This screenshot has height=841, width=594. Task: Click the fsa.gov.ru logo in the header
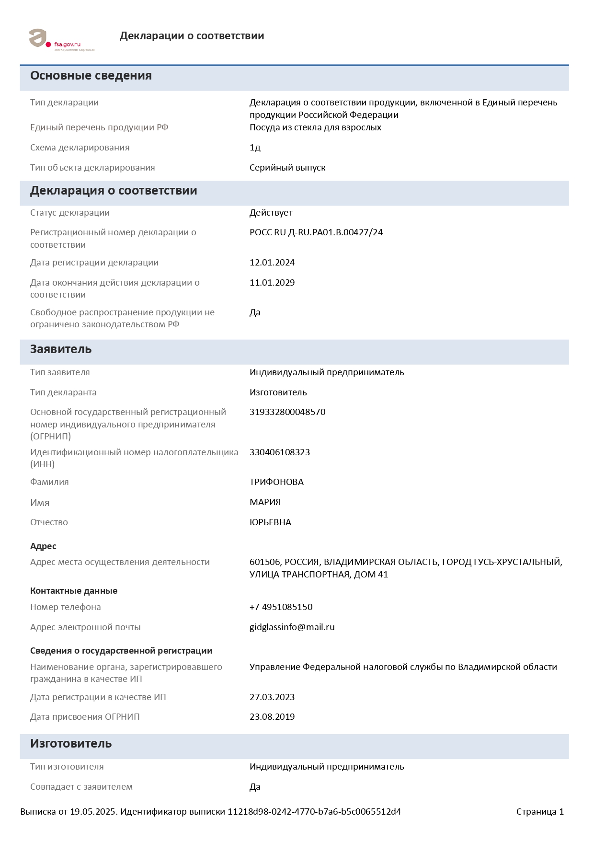pyautogui.click(x=61, y=39)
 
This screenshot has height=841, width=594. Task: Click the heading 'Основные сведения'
pyautogui.click(x=91, y=76)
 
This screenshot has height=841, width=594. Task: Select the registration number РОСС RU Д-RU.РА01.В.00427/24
pyautogui.click(x=316, y=232)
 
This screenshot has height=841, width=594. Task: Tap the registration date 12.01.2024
pyautogui.click(x=272, y=263)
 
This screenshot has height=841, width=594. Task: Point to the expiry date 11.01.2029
pyautogui.click(x=272, y=283)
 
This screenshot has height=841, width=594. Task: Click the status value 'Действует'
pyautogui.click(x=271, y=213)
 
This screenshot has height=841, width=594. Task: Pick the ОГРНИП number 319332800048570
pyautogui.click(x=287, y=412)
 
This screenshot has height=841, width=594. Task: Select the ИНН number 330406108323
pyautogui.click(x=280, y=452)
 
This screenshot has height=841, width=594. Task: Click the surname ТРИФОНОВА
pyautogui.click(x=276, y=482)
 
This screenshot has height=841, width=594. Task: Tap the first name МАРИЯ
pyautogui.click(x=265, y=502)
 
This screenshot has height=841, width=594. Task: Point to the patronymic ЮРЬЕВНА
pyautogui.click(x=270, y=522)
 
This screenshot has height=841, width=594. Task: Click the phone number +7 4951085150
pyautogui.click(x=281, y=607)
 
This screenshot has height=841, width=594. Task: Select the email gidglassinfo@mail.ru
pyautogui.click(x=292, y=627)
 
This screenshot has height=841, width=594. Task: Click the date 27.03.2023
pyautogui.click(x=272, y=697)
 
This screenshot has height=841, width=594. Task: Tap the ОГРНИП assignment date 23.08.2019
pyautogui.click(x=272, y=717)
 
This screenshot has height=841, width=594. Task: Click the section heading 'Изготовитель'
pyautogui.click(x=71, y=744)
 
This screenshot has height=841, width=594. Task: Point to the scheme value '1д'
pyautogui.click(x=255, y=148)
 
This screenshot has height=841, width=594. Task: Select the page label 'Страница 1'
pyautogui.click(x=540, y=812)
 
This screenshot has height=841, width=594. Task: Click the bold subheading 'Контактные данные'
pyautogui.click(x=74, y=591)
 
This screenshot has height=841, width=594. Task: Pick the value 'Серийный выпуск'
pyautogui.click(x=287, y=168)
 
